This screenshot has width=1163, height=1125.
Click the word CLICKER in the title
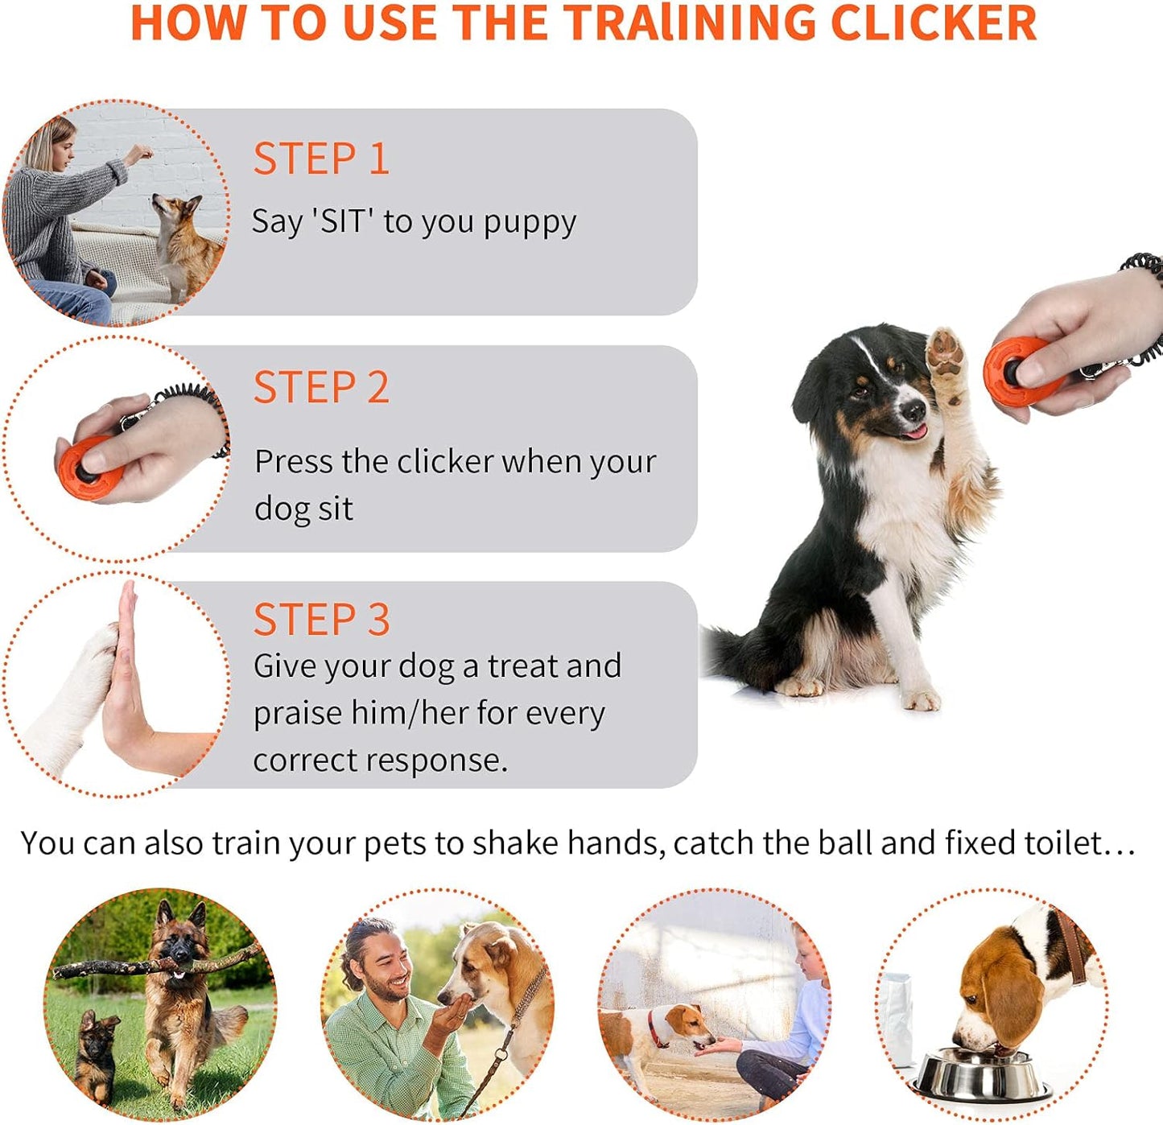coord(934,23)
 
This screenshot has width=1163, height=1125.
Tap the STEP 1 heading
coord(321,159)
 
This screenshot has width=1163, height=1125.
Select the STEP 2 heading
coord(321,388)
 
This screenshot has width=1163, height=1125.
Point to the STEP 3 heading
coord(321,620)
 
